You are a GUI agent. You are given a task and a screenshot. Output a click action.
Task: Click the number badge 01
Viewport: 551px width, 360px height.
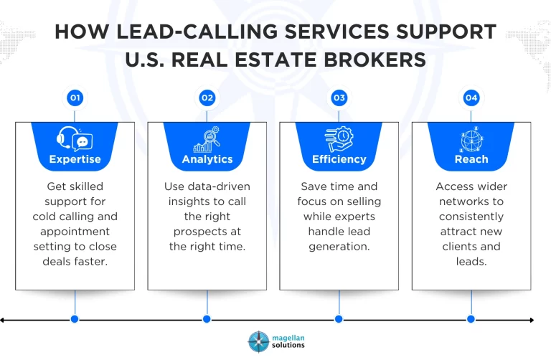75,98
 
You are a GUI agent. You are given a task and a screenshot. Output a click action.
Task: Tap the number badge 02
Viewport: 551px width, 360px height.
207,98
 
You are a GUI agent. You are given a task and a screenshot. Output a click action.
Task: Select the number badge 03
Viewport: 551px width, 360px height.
339,98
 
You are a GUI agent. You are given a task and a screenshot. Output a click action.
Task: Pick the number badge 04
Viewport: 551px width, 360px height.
471,98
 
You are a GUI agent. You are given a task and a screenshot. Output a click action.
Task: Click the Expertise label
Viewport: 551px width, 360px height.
75,159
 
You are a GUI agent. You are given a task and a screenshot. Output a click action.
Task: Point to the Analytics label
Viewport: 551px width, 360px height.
207,159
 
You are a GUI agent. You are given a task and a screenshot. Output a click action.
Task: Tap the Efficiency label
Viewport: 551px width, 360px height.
339,159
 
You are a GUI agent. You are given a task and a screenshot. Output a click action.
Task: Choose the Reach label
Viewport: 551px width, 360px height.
471,159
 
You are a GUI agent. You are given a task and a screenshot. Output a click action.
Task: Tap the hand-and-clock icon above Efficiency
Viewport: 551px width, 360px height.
339,139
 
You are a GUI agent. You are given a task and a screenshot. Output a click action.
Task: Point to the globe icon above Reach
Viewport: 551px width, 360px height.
471,139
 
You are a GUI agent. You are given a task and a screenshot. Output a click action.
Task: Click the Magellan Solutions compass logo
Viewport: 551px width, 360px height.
258,341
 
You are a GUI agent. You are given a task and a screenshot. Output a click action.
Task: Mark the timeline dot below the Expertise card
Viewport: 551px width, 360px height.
75,319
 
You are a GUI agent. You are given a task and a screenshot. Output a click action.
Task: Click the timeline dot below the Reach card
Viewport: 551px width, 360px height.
471,319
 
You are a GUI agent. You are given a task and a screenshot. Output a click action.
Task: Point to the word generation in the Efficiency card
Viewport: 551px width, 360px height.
339,247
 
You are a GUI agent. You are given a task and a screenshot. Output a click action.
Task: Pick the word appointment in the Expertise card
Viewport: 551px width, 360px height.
75,232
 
